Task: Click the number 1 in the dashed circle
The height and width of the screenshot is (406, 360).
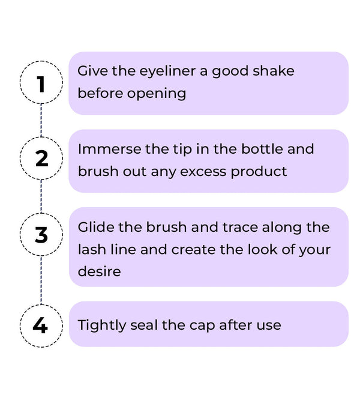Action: (41, 84)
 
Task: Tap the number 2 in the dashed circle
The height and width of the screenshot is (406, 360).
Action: (41, 158)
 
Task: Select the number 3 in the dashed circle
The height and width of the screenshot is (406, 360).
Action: (41, 235)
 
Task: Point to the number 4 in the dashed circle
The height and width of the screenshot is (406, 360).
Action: (40, 325)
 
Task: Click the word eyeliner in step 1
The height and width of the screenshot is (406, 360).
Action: (167, 71)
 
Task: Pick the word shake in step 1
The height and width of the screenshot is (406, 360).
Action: (274, 71)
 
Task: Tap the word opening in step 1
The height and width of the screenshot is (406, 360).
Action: (157, 94)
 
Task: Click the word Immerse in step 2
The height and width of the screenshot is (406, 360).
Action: (109, 149)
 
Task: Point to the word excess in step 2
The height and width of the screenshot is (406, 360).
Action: (203, 172)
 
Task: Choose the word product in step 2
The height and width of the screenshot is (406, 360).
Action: (259, 172)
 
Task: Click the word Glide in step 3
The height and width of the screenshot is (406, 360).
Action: (96, 227)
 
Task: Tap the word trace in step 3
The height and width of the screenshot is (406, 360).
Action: (240, 228)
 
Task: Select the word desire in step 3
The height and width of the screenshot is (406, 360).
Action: (100, 271)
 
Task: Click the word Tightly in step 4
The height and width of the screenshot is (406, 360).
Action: (102, 326)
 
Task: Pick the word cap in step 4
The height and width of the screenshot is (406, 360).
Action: (202, 326)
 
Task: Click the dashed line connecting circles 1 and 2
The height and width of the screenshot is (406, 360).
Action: (41, 120)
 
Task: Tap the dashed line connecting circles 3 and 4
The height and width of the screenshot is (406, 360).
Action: (41, 280)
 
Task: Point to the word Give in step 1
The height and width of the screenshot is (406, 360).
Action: (92, 71)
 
